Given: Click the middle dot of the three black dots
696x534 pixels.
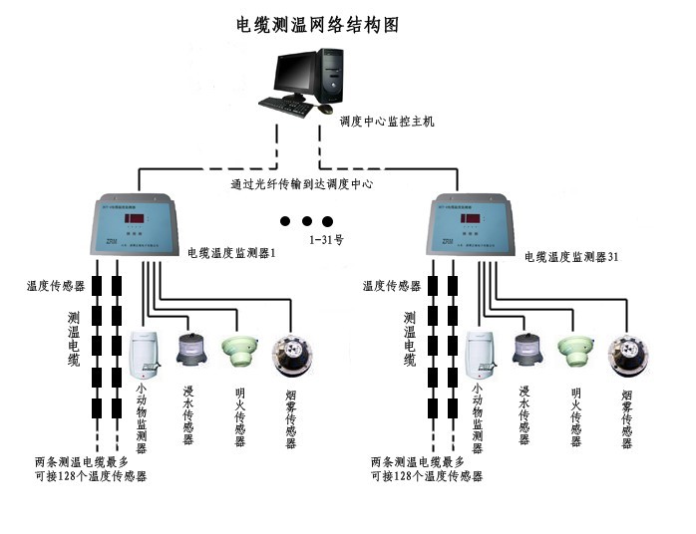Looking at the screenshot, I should (307, 220).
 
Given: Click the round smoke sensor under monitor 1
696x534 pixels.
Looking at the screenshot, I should (292, 357).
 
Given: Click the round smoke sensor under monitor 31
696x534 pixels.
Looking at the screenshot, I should (627, 357).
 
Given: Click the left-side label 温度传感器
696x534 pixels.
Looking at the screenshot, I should (55, 285).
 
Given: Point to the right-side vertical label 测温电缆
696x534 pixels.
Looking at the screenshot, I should (410, 339).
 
